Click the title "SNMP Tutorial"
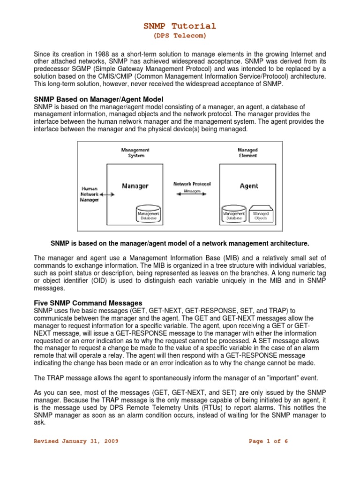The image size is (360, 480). click(x=180, y=26)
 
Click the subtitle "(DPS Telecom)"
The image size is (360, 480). click(x=180, y=36)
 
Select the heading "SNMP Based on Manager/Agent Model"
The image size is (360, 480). click(x=98, y=99)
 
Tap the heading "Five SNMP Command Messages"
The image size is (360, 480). click(x=88, y=302)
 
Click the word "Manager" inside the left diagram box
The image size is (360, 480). click(x=135, y=186)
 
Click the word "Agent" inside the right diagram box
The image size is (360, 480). click(x=248, y=186)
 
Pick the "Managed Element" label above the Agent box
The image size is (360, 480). click(x=248, y=152)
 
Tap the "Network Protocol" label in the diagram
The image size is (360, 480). click(x=192, y=184)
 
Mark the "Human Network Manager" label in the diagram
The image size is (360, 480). click(x=89, y=193)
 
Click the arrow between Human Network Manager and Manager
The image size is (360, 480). click(x=107, y=194)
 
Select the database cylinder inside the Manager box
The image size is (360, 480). click(x=148, y=213)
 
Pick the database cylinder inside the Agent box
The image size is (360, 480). click(x=234, y=213)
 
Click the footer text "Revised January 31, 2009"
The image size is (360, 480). click(x=76, y=441)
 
